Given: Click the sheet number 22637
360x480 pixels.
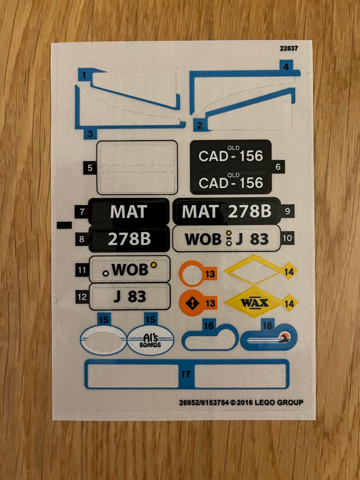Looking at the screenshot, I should tap(288, 48).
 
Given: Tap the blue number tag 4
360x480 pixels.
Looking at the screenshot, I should tap(286, 67).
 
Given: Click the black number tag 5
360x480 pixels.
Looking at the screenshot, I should tap(90, 168).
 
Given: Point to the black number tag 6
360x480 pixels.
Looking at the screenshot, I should tap(278, 167).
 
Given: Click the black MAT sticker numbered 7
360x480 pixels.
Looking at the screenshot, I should tap(128, 212).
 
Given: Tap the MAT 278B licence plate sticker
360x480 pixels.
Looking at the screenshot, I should tap(226, 212).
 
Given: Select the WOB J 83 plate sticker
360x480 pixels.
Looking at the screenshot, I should tap(226, 238).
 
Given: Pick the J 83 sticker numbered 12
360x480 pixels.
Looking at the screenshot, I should tap(130, 297).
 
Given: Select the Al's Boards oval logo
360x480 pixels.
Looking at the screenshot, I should tap(150, 340).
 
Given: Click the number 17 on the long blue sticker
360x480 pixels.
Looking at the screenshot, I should tap(186, 374).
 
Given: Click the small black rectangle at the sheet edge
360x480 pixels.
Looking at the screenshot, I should tap(64, 225).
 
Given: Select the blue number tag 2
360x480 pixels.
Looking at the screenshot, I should tap(200, 125).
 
